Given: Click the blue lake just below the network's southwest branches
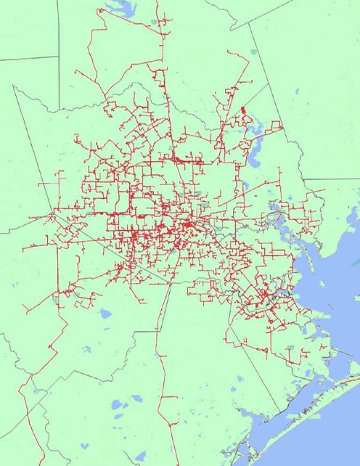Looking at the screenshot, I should pyautogui.click(x=105, y=314).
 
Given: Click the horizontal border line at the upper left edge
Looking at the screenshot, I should pyautogui.click(x=29, y=59).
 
